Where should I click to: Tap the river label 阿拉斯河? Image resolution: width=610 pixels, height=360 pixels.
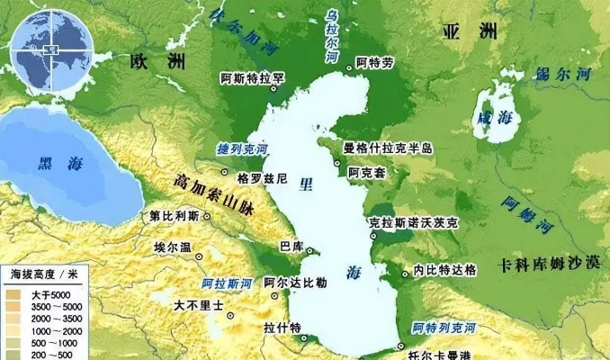[x=228, y=283]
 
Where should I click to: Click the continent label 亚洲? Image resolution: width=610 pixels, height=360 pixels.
[x=471, y=31]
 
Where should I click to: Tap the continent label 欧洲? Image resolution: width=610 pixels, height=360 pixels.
[x=157, y=63]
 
